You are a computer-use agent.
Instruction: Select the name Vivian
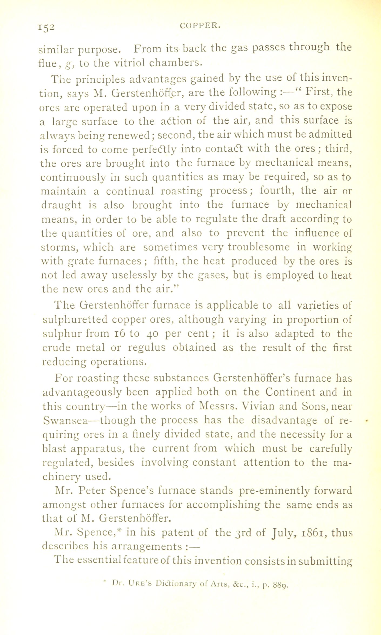pyautogui.click(x=260, y=406)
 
